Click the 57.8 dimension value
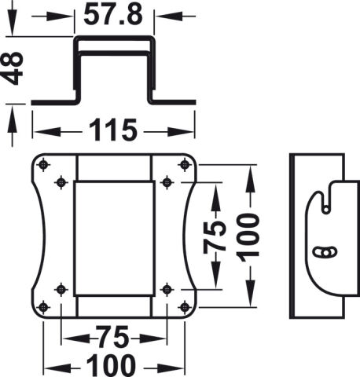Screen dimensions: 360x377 point(113,15)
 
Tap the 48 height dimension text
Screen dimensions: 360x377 point(12,68)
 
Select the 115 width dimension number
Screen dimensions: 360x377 point(113,130)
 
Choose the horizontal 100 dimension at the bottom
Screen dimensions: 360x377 point(112,366)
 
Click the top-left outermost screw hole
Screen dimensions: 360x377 point(43,165)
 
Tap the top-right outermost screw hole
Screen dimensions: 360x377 point(185,165)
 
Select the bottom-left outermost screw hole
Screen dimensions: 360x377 point(43,307)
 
